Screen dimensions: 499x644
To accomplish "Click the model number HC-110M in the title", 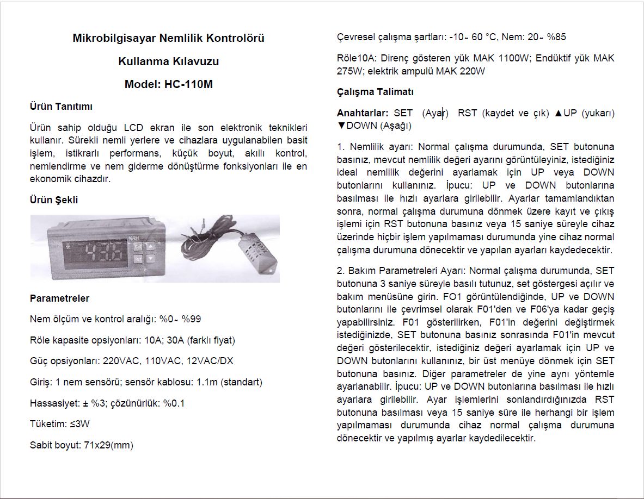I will click(189, 84).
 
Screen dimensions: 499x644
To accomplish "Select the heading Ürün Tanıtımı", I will click(60, 107).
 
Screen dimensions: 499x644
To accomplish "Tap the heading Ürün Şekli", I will click(53, 199).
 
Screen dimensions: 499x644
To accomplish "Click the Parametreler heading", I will click(59, 298).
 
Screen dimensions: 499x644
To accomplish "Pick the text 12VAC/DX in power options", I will click(206, 361).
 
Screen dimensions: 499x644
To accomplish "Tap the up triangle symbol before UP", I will click(558, 113).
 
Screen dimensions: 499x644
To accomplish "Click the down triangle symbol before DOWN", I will click(341, 126).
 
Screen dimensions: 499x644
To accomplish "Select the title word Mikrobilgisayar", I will click(113, 39).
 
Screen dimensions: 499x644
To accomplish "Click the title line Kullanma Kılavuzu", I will click(168, 61).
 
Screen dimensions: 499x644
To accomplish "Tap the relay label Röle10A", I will click(356, 58).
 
